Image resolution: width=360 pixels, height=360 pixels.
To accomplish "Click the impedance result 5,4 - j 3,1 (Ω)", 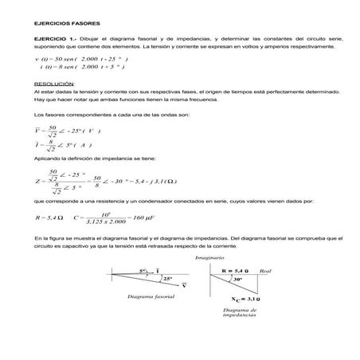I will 157,182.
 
